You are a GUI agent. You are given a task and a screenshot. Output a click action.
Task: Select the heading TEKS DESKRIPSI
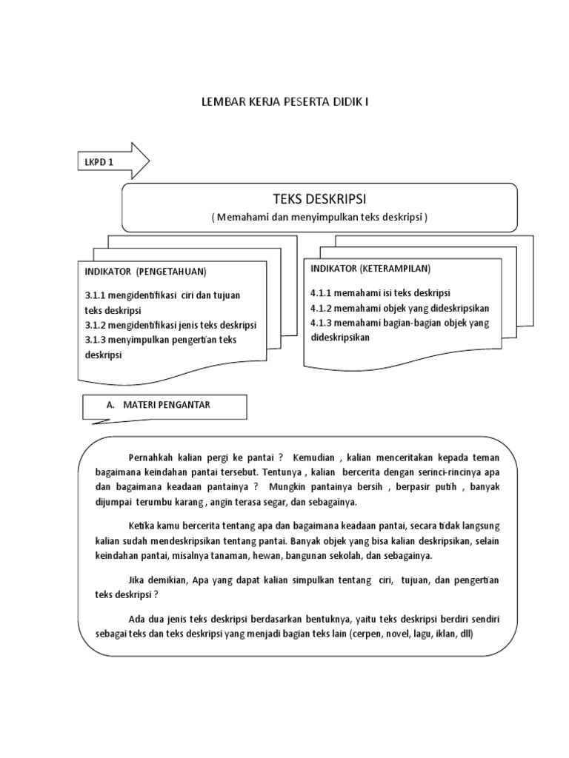(320, 200)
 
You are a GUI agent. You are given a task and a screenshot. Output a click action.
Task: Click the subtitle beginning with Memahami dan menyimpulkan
(319, 217)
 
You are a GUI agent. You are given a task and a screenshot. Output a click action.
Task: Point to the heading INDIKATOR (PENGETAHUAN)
(145, 272)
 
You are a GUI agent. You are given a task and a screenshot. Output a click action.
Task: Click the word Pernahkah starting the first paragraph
(150, 458)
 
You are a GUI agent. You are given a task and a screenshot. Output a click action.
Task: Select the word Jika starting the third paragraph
(139, 580)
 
